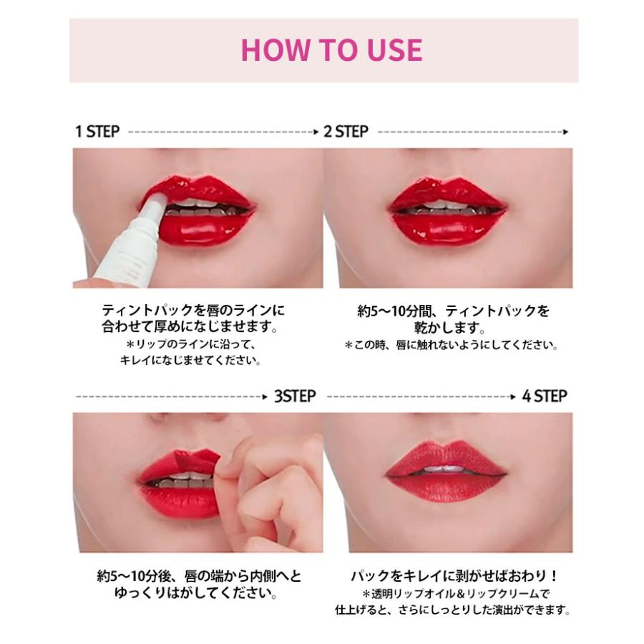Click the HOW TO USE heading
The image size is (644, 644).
(x=331, y=49)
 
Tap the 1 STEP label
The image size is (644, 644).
(x=97, y=132)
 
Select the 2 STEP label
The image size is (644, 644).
(x=346, y=132)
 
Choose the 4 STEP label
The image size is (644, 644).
(x=545, y=396)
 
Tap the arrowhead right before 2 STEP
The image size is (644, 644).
(x=315, y=132)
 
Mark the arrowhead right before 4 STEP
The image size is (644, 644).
(x=514, y=396)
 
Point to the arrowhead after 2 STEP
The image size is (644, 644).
(x=565, y=132)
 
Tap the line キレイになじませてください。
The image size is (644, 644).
(x=191, y=361)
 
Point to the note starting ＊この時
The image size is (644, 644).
(x=451, y=346)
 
